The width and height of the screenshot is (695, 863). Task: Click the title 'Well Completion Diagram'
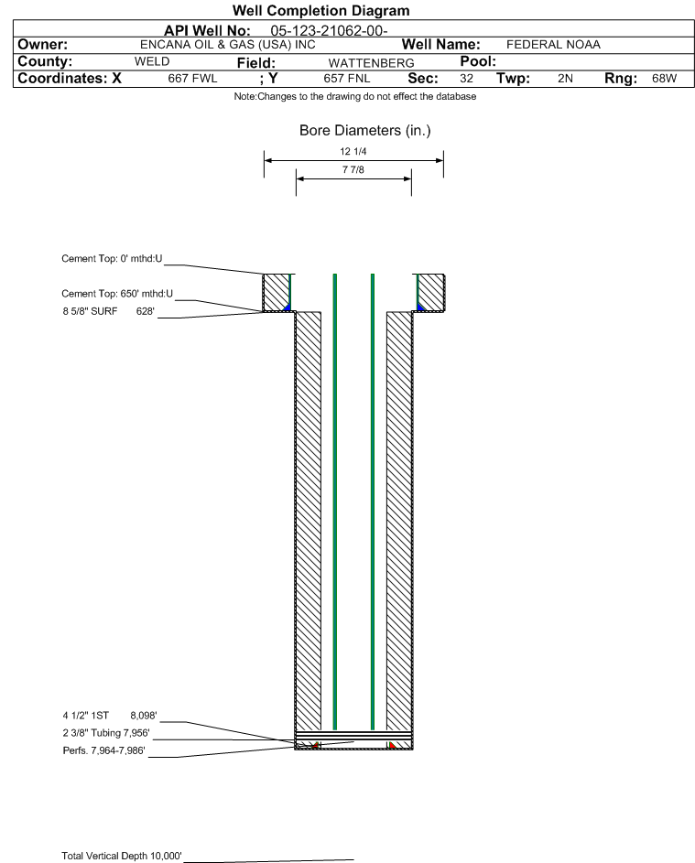tap(321, 10)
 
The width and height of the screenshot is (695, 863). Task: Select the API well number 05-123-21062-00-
tap(329, 31)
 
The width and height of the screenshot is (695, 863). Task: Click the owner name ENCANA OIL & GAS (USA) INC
tap(228, 45)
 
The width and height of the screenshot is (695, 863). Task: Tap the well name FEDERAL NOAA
tap(553, 45)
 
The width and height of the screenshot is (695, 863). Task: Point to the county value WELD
tap(152, 61)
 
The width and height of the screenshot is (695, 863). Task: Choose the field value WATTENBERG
tap(371, 63)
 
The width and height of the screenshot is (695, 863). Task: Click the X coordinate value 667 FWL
tap(192, 78)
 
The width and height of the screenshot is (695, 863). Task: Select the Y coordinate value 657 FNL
tap(347, 78)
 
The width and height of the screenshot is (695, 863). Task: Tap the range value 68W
tap(664, 78)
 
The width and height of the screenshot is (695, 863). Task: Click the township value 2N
tap(565, 78)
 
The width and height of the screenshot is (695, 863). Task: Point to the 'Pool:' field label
tap(478, 61)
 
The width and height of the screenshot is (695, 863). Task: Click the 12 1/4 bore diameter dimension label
tap(353, 151)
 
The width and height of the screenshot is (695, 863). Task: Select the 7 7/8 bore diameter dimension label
tap(353, 169)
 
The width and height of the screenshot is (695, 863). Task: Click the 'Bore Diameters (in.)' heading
tap(365, 131)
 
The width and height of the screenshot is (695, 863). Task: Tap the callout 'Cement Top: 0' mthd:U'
tap(112, 259)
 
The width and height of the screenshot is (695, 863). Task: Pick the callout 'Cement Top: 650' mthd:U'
tap(117, 294)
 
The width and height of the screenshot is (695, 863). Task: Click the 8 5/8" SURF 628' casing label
tap(108, 311)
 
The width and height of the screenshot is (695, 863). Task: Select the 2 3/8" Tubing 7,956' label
tap(105, 733)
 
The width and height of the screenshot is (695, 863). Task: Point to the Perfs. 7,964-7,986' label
tap(104, 750)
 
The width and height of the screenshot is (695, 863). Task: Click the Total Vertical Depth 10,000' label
tap(122, 856)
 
